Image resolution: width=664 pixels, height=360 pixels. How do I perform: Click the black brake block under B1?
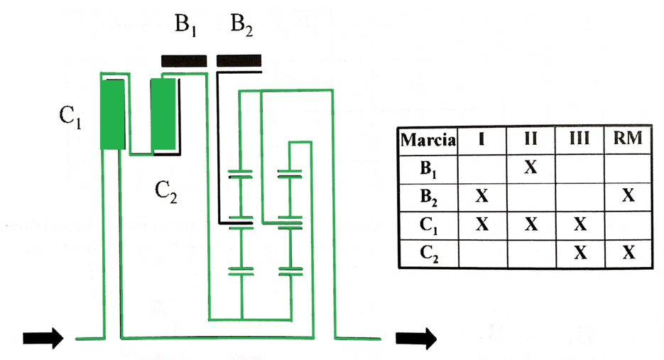(x=184, y=61)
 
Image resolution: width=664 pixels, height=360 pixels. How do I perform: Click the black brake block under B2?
(x=239, y=61)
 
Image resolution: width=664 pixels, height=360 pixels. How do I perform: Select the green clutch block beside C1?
(x=112, y=115)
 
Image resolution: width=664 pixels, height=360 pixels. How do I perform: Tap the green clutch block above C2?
(x=163, y=114)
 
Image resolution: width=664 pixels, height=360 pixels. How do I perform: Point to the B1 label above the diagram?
(x=185, y=25)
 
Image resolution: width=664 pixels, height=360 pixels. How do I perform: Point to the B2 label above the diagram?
(x=241, y=25)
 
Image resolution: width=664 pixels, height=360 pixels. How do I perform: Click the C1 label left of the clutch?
(x=70, y=116)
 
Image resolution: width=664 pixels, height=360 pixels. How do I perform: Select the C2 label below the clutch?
(x=166, y=192)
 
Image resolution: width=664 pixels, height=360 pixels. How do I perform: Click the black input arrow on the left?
(x=43, y=338)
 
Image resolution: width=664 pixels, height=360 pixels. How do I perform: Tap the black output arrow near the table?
(x=416, y=338)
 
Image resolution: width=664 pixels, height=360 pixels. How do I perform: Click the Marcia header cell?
(x=428, y=140)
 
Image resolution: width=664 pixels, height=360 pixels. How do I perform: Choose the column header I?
(x=481, y=139)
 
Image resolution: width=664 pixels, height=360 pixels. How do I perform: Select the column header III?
(x=579, y=138)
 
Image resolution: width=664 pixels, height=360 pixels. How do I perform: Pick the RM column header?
(x=628, y=138)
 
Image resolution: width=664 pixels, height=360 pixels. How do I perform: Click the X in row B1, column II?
(x=530, y=168)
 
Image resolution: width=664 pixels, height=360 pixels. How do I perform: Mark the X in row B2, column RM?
(x=628, y=195)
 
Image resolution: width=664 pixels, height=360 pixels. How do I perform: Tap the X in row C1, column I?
(x=482, y=224)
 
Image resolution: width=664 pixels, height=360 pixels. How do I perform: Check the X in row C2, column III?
(x=580, y=252)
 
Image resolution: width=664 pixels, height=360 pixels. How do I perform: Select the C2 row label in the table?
(x=429, y=254)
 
